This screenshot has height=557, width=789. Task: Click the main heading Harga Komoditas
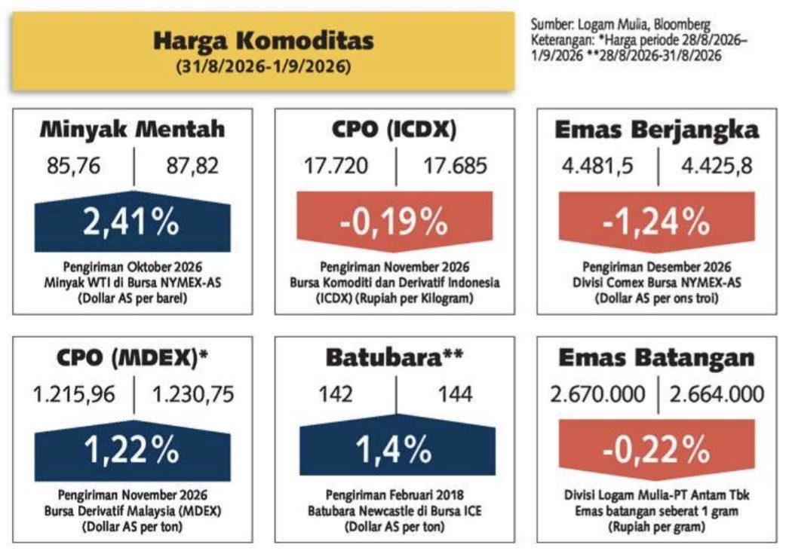tap(263, 41)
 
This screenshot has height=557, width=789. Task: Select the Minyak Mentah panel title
tap(132, 130)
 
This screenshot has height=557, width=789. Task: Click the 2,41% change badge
tap(132, 222)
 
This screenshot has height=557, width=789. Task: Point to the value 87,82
tap(192, 166)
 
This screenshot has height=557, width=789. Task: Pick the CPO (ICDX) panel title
tap(394, 130)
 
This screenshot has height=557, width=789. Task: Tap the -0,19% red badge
tap(394, 222)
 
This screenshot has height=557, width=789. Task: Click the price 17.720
tap(336, 166)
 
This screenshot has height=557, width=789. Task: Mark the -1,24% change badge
tap(657, 222)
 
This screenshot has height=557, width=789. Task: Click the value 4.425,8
tap(717, 166)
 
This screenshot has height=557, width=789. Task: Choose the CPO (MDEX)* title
tap(132, 358)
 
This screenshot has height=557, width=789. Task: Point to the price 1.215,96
tap(74, 395)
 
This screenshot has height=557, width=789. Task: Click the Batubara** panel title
tap(394, 358)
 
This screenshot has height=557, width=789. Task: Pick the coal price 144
tap(456, 394)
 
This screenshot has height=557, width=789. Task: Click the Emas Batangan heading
tap(657, 358)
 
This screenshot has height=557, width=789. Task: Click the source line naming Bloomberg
tap(621, 24)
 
